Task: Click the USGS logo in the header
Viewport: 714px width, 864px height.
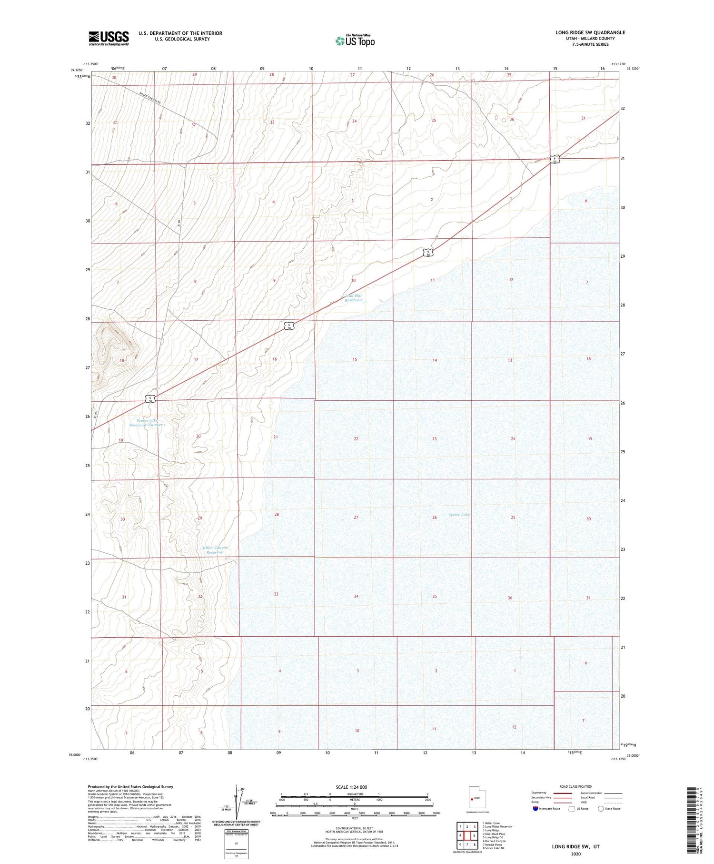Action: [x=109, y=38]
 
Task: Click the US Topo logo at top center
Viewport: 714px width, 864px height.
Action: [x=355, y=41]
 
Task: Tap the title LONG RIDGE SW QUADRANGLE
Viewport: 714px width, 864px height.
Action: [x=590, y=32]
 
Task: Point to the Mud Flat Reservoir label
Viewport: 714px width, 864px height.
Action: [x=354, y=298]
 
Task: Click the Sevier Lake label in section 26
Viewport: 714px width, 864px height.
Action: [x=459, y=515]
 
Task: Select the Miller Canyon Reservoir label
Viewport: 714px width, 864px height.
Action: [x=215, y=550]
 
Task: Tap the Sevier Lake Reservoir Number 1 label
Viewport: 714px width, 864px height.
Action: [x=151, y=423]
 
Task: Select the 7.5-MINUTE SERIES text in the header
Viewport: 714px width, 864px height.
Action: [x=590, y=44]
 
